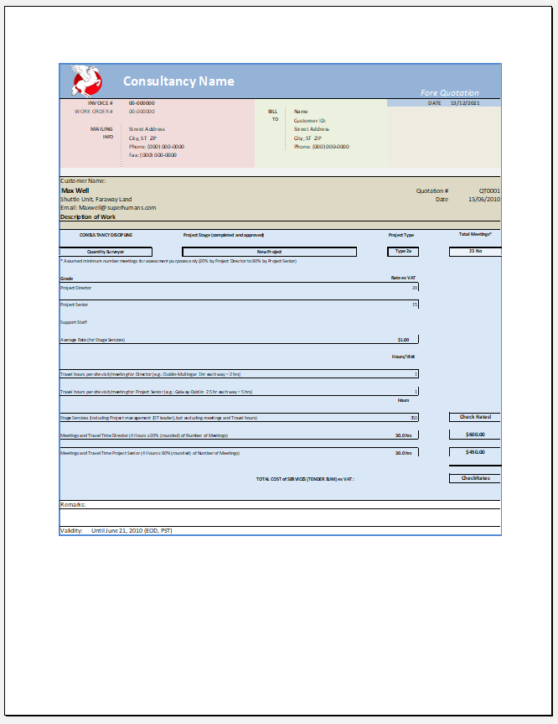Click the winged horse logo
coord(86,80)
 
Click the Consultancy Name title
coord(178,81)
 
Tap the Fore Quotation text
coord(449,93)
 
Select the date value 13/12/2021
coord(464,102)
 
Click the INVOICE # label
coord(101,102)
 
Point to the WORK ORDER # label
coord(93,111)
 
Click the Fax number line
coord(152,155)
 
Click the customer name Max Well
coord(75,190)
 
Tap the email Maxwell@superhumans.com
coord(108,207)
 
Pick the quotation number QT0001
coord(489,190)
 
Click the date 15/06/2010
coord(483,199)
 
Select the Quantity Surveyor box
coord(106,252)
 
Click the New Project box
coord(269,252)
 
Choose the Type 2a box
coord(403,251)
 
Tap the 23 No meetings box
coord(474,251)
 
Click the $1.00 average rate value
coord(403,340)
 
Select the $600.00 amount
coord(474,435)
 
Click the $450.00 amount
coord(474,452)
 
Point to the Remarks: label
coord(73,504)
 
